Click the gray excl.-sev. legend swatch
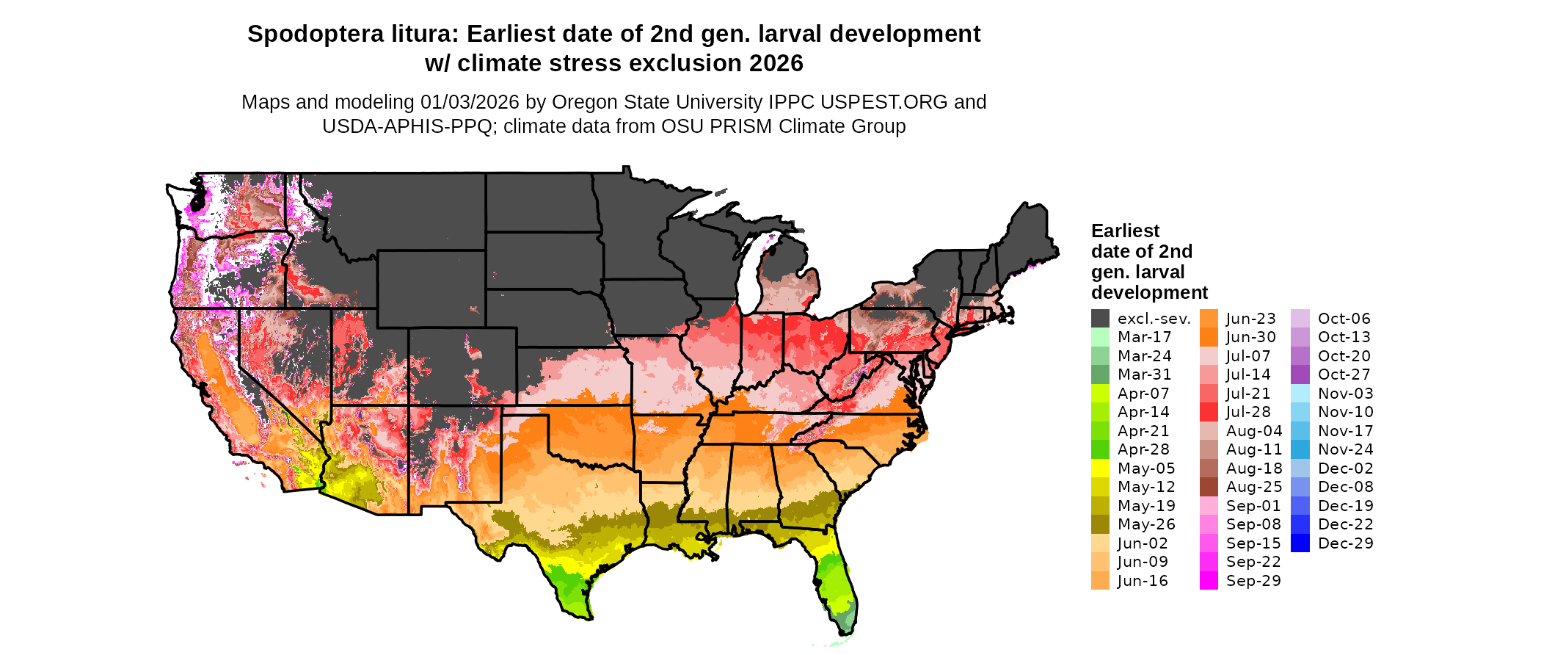click(x=1100, y=319)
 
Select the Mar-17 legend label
click(x=1144, y=337)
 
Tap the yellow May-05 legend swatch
click(x=1100, y=468)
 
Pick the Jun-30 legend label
click(x=1251, y=337)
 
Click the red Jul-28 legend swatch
click(x=1209, y=412)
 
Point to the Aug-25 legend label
click(x=1254, y=487)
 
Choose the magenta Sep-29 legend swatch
click(x=1209, y=580)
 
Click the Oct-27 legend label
click(x=1344, y=374)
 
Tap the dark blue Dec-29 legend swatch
click(x=1300, y=543)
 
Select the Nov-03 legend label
click(x=1345, y=394)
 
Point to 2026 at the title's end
click(x=776, y=64)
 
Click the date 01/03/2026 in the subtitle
click(x=470, y=102)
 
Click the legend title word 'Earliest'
click(x=1125, y=231)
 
